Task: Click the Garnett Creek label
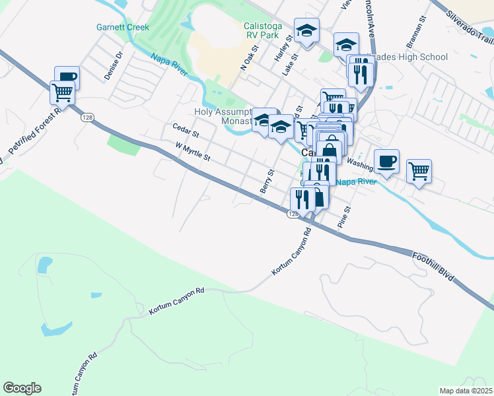pyautogui.click(x=123, y=28)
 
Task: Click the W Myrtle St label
pyautogui.click(x=193, y=153)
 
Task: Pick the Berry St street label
pyautogui.click(x=267, y=181)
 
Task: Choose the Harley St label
pyautogui.click(x=278, y=50)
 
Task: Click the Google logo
pyautogui.click(x=22, y=388)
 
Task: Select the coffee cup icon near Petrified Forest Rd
pyautogui.click(x=67, y=77)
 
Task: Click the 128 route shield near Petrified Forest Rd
pyautogui.click(x=87, y=117)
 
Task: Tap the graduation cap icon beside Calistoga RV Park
pyautogui.click(x=306, y=31)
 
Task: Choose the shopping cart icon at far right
pyautogui.click(x=419, y=171)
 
